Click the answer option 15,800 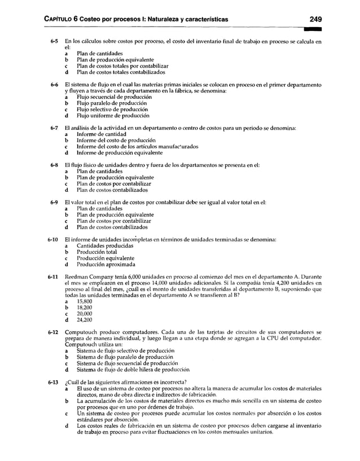84,302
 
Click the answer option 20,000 84,314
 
